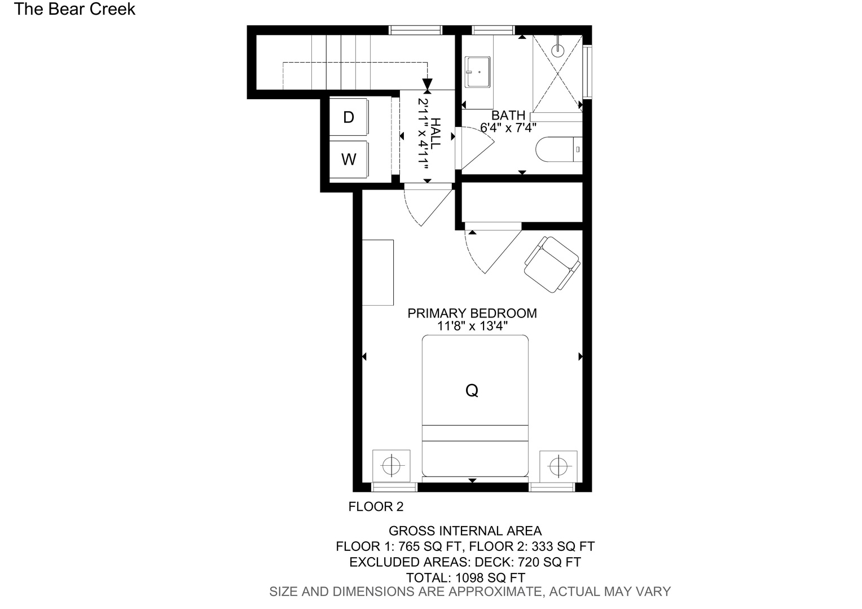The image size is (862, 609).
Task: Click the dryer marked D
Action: click(349, 117)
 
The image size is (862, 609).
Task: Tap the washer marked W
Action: click(349, 159)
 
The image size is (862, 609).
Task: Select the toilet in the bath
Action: click(559, 149)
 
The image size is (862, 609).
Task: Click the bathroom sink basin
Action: click(477, 72)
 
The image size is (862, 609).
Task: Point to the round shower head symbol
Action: click(557, 49)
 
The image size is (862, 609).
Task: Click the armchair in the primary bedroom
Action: click(552, 264)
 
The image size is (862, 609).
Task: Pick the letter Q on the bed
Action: click(472, 390)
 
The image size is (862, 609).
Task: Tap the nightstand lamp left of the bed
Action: click(392, 466)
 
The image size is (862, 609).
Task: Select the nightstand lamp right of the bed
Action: click(558, 466)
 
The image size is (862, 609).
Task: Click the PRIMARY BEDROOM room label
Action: click(472, 313)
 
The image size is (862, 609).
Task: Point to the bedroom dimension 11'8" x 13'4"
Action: click(472, 326)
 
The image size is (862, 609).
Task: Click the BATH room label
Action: click(508, 115)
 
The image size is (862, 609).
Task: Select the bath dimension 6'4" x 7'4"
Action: click(508, 128)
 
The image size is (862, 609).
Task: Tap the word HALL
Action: click(436, 134)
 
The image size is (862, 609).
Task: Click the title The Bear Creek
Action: click(74, 9)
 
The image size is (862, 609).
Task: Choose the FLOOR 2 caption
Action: click(376, 507)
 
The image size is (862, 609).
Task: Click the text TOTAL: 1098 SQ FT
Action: click(465, 578)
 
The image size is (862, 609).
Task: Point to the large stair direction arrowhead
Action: click(427, 85)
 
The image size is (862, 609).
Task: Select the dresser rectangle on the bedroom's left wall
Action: click(378, 272)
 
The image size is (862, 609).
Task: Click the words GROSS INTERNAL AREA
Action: click(465, 531)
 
